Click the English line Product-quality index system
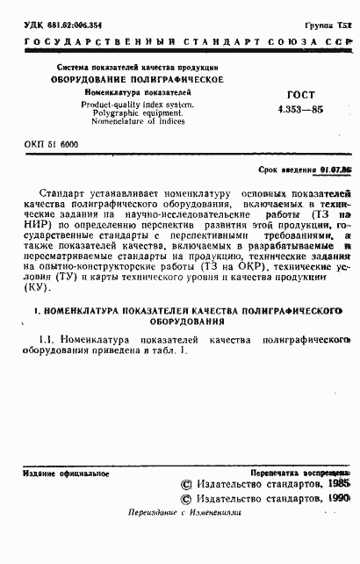click(138, 103)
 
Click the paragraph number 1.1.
click(49, 340)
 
